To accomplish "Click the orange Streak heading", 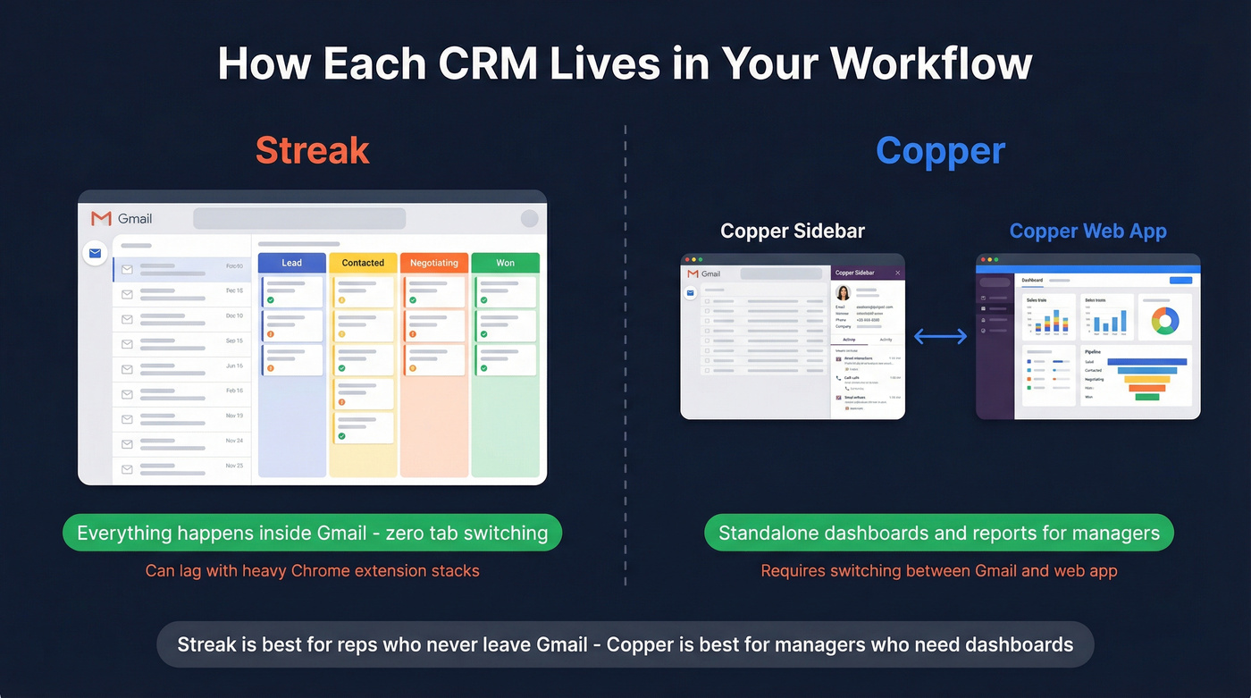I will [x=312, y=150].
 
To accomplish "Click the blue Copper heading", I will [x=940, y=150].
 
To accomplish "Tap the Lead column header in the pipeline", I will [x=291, y=263].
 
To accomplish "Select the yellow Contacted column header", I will [x=363, y=263].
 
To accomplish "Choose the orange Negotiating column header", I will [x=433, y=263].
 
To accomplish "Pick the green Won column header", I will [x=505, y=263].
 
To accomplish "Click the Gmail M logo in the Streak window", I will [x=101, y=218].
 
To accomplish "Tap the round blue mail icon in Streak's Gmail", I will [x=94, y=254].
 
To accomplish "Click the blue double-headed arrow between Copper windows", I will [x=940, y=336].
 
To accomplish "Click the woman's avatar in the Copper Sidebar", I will [x=843, y=293].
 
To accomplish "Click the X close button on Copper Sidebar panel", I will [x=898, y=273].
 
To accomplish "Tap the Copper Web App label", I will [x=1087, y=231].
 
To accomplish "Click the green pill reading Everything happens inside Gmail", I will [x=312, y=534].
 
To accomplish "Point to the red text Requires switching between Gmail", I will [x=938, y=570].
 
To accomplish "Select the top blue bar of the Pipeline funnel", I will [x=1146, y=362].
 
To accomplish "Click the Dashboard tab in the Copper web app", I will [x=1032, y=281].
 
